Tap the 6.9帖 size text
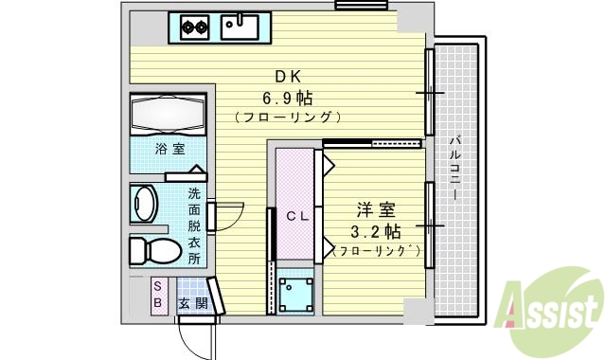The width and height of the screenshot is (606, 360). click(288, 97)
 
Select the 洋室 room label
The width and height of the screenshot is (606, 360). click(376, 209)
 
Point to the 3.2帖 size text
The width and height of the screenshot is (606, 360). click(376, 230)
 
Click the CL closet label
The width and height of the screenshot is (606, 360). click(298, 216)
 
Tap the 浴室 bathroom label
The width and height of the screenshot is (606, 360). click(170, 149)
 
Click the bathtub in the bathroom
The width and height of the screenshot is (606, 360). click(169, 116)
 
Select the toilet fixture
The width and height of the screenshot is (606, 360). click(154, 250)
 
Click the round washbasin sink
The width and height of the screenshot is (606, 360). click(146, 204)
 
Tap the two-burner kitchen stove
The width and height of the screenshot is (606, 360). click(194, 27)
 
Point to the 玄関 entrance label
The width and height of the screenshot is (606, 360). click(189, 302)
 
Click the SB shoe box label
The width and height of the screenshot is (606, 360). click(158, 294)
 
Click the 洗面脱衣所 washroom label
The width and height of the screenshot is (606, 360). click(193, 225)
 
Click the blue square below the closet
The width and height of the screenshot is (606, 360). click(295, 292)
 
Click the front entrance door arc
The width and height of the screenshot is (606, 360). click(195, 336)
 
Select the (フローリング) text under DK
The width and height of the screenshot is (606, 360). click(288, 117)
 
